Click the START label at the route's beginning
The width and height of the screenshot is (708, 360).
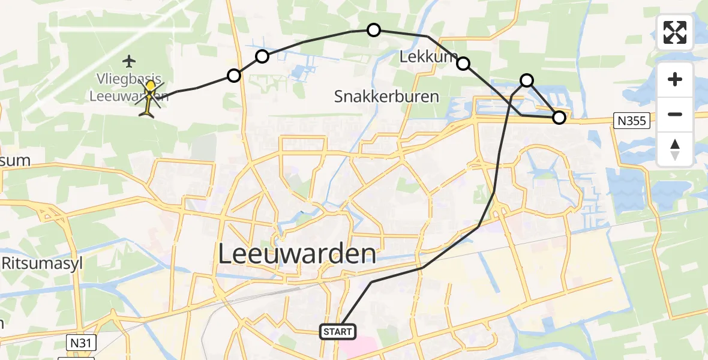click(x=338, y=331)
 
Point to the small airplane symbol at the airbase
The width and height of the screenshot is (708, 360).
click(x=128, y=61)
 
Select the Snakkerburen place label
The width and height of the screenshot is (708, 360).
click(x=386, y=96)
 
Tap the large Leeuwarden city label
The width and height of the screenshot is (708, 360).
click(x=297, y=254)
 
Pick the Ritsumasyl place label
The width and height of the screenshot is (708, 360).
click(x=41, y=263)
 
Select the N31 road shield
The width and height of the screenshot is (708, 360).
click(x=79, y=343)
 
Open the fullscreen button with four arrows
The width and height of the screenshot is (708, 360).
click(x=675, y=32)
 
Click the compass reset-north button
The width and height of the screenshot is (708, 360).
click(x=675, y=149)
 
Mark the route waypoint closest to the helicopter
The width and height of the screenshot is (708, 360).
click(x=234, y=76)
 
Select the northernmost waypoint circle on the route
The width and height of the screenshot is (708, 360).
click(x=374, y=30)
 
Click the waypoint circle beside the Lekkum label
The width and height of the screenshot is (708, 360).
click(x=463, y=63)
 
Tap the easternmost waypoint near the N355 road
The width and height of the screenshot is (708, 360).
click(x=559, y=118)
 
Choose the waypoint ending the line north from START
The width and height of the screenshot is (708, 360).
click(x=526, y=80)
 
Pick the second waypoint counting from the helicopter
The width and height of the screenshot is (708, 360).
click(x=262, y=57)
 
